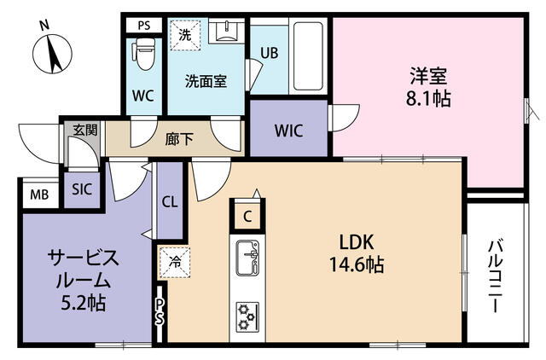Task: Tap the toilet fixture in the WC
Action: click(143, 54)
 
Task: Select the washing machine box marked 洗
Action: click(185, 35)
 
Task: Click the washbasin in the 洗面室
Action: click(226, 32)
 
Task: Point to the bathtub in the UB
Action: click(308, 56)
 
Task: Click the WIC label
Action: click(288, 131)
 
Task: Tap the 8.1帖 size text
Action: click(428, 99)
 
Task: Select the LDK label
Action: click(357, 242)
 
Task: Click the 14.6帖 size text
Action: click(357, 264)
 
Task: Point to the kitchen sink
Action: click(247, 258)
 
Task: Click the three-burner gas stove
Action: click(247, 316)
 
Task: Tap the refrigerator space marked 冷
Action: click(175, 262)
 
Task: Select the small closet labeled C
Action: click(247, 217)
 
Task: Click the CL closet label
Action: click(170, 201)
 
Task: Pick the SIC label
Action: click(82, 189)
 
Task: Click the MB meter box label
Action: click(39, 195)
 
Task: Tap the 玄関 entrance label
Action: click(85, 130)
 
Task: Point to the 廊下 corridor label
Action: click(179, 140)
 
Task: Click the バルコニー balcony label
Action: click(495, 276)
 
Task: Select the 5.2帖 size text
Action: click(84, 303)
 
